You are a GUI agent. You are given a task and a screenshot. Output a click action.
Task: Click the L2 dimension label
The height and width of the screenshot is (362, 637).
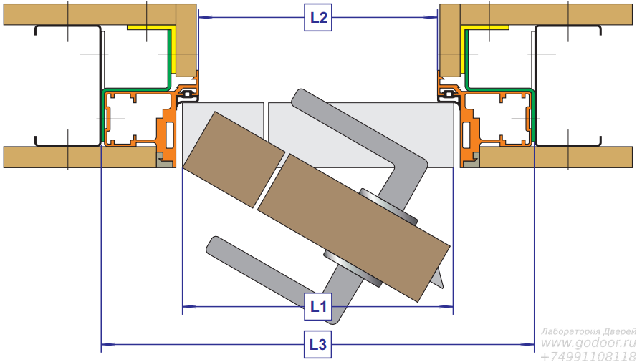coord(318,17)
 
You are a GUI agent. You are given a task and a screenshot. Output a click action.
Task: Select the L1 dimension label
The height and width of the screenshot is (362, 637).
coord(318,307)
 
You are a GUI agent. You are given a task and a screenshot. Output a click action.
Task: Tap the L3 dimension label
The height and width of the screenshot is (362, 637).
coord(318,345)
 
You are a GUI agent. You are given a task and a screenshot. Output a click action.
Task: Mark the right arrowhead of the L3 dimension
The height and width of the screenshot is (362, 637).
coord(527,345)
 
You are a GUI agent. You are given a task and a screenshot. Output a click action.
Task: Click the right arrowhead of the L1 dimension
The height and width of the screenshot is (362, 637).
coord(446,307)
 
